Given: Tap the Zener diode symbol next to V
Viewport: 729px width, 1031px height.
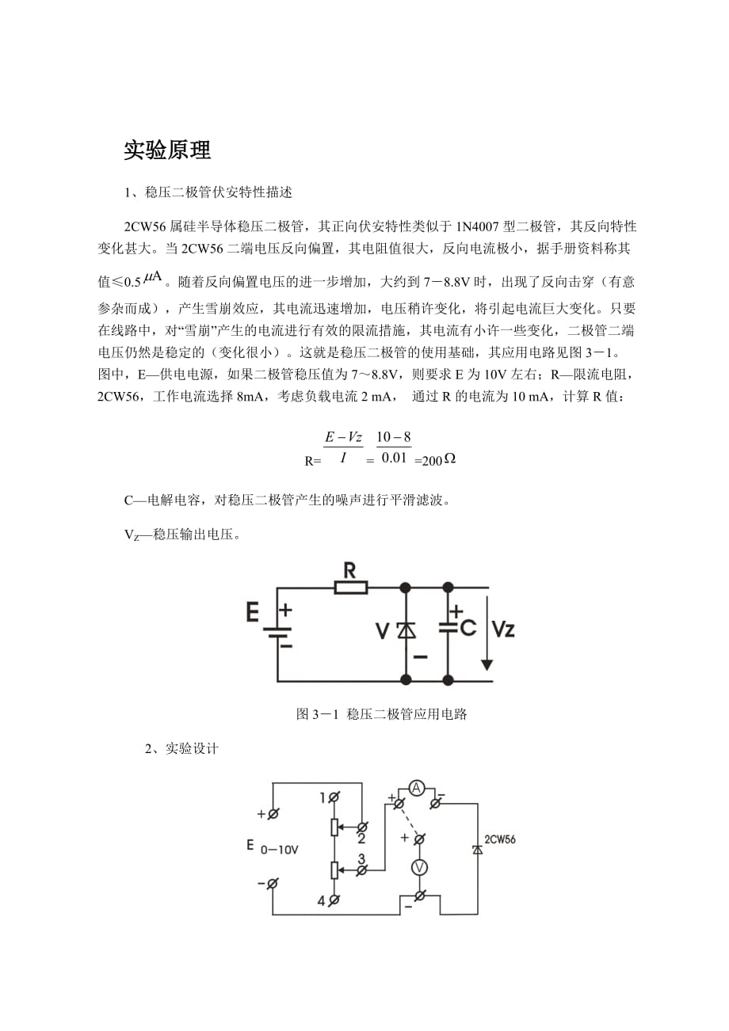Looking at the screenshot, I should pyautogui.click(x=406, y=630).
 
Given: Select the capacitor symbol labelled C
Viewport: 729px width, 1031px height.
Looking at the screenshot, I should pyautogui.click(x=448, y=627).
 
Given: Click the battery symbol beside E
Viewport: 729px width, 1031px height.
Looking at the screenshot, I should pyautogui.click(x=277, y=634).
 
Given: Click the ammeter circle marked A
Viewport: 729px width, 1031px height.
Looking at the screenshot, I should pyautogui.click(x=417, y=787).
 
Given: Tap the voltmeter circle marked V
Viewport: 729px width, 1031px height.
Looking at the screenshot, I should pyautogui.click(x=419, y=868).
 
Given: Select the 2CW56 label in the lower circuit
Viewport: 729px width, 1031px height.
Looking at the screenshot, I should pyautogui.click(x=499, y=839).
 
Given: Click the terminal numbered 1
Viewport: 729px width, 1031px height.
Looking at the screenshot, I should pyautogui.click(x=334, y=797).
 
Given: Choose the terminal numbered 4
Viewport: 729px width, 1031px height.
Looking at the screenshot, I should pyautogui.click(x=334, y=900).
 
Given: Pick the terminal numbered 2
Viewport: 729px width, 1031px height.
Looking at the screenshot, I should pyautogui.click(x=361, y=826).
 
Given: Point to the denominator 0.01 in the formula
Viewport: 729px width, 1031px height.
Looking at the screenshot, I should pyautogui.click(x=394, y=457).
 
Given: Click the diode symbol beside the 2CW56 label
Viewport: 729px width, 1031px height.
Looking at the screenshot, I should pyautogui.click(x=478, y=849).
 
